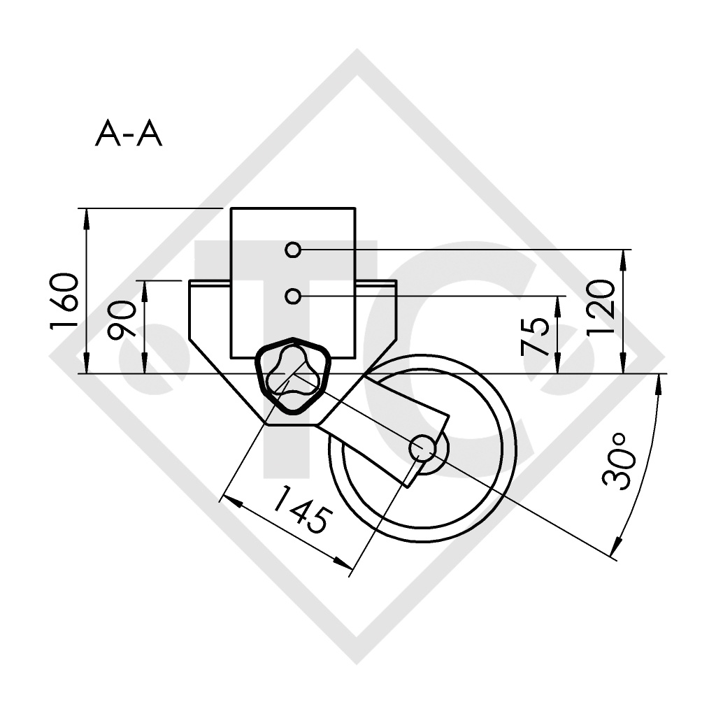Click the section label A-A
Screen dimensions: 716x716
click(129, 134)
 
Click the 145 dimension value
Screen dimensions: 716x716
click(299, 510)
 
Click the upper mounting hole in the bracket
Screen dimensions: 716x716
click(294, 250)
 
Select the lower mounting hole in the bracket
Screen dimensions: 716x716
click(294, 296)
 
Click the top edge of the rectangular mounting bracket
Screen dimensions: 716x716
click(294, 208)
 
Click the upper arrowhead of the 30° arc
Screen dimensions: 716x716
click(659, 382)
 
